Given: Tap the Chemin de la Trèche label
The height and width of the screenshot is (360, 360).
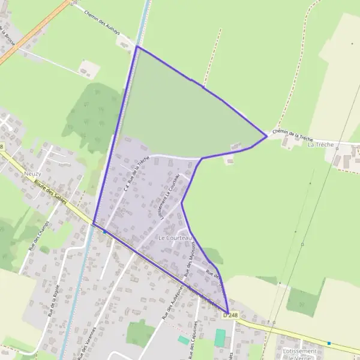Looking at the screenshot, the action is point(292,133).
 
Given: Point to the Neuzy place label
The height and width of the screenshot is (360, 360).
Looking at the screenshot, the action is point(32,173).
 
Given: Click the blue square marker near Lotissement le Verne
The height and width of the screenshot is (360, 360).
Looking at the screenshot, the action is point(329,343).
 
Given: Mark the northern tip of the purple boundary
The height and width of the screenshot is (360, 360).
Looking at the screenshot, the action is point(137,46).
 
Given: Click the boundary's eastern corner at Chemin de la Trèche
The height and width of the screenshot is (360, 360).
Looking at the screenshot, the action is point(266,136).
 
